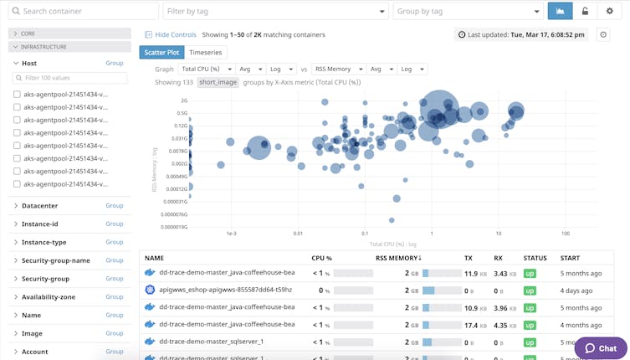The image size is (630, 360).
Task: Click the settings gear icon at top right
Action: [609, 11]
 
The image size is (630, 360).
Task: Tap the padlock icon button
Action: [585, 11]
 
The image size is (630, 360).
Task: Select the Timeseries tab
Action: [206, 53]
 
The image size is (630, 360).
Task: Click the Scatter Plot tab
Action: [161, 53]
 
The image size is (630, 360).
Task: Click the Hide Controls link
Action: [171, 34]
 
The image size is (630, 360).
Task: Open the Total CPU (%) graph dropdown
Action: [205, 69]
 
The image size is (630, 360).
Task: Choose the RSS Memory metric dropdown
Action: [337, 69]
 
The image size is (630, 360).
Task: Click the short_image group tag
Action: [218, 82]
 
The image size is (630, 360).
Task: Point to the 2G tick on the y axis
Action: [182, 100]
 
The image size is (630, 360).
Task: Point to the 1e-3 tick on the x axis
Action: [231, 233]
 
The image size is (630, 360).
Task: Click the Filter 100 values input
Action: [70, 78]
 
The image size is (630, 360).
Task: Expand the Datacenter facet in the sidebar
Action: [39, 205]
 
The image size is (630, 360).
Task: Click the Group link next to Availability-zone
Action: [114, 296]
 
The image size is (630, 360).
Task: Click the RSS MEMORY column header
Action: [397, 258]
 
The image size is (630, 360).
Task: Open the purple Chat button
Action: [600, 347]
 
